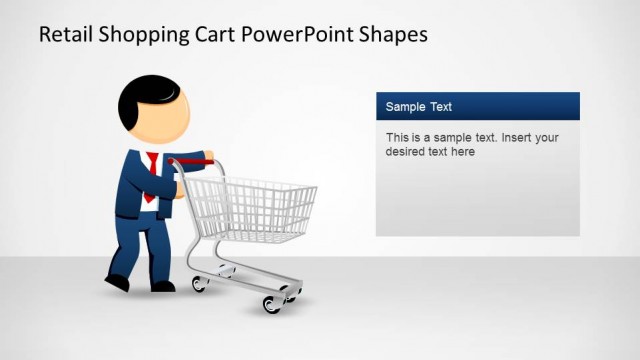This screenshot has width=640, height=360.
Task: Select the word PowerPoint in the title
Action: [x=298, y=34]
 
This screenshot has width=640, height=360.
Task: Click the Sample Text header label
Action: [x=419, y=106]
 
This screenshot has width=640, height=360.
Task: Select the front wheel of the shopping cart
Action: [x=271, y=304]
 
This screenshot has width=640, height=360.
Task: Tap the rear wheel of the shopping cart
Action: [x=200, y=284]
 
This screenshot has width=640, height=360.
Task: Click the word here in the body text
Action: [x=461, y=152]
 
